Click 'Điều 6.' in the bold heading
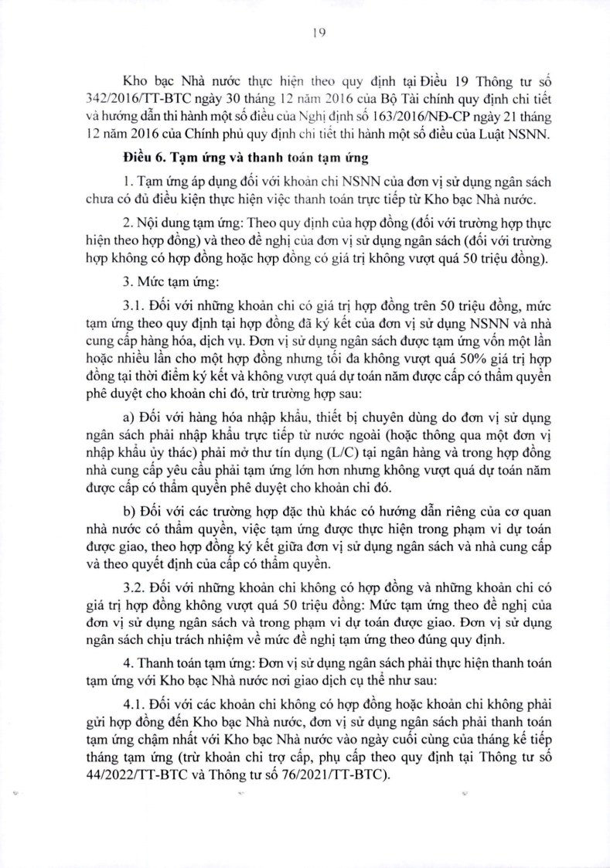(145, 158)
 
